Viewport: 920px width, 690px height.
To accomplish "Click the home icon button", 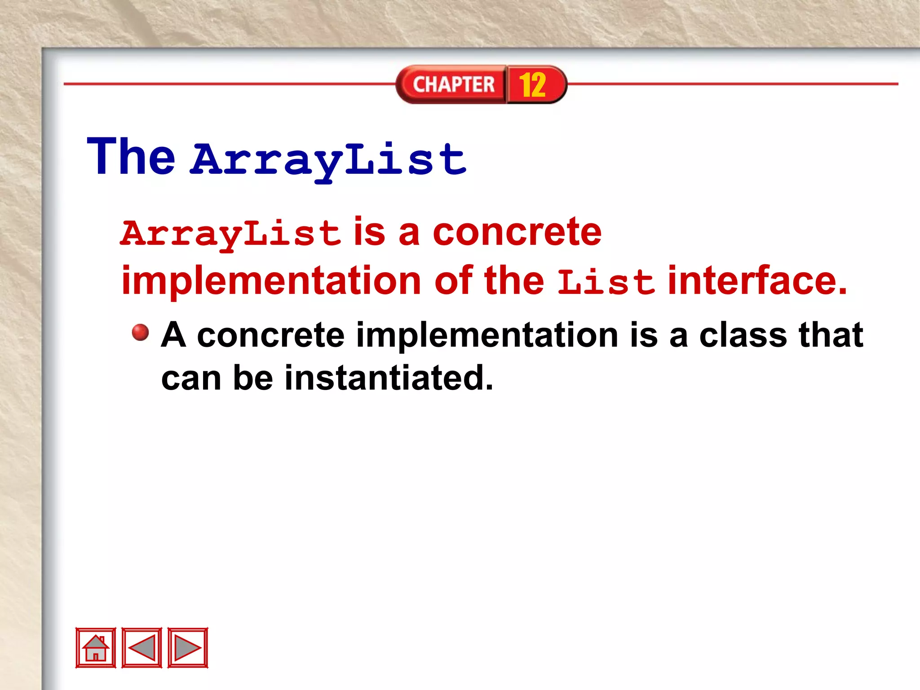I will tap(96, 647).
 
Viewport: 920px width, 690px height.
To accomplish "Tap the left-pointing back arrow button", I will tap(142, 647).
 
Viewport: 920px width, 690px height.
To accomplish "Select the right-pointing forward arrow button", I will tap(188, 647).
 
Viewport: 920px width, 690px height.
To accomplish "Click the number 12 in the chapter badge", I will tap(533, 84).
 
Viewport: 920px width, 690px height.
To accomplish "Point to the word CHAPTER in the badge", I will tap(453, 84).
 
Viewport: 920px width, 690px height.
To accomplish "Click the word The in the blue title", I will tap(131, 157).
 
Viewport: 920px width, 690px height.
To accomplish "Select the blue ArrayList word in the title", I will tap(329, 159).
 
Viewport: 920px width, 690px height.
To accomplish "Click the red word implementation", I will tap(271, 281).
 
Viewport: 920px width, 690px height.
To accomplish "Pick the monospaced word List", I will tap(606, 282).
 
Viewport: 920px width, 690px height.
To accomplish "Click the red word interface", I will tap(757, 280).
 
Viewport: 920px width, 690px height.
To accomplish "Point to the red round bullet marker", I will tap(140, 333).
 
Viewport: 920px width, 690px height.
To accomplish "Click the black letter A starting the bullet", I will tap(173, 335).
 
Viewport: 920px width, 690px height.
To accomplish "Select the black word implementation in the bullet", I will tap(487, 336).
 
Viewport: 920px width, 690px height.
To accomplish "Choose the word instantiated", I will tap(389, 378).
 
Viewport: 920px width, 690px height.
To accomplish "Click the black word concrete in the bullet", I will tap(270, 336).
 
